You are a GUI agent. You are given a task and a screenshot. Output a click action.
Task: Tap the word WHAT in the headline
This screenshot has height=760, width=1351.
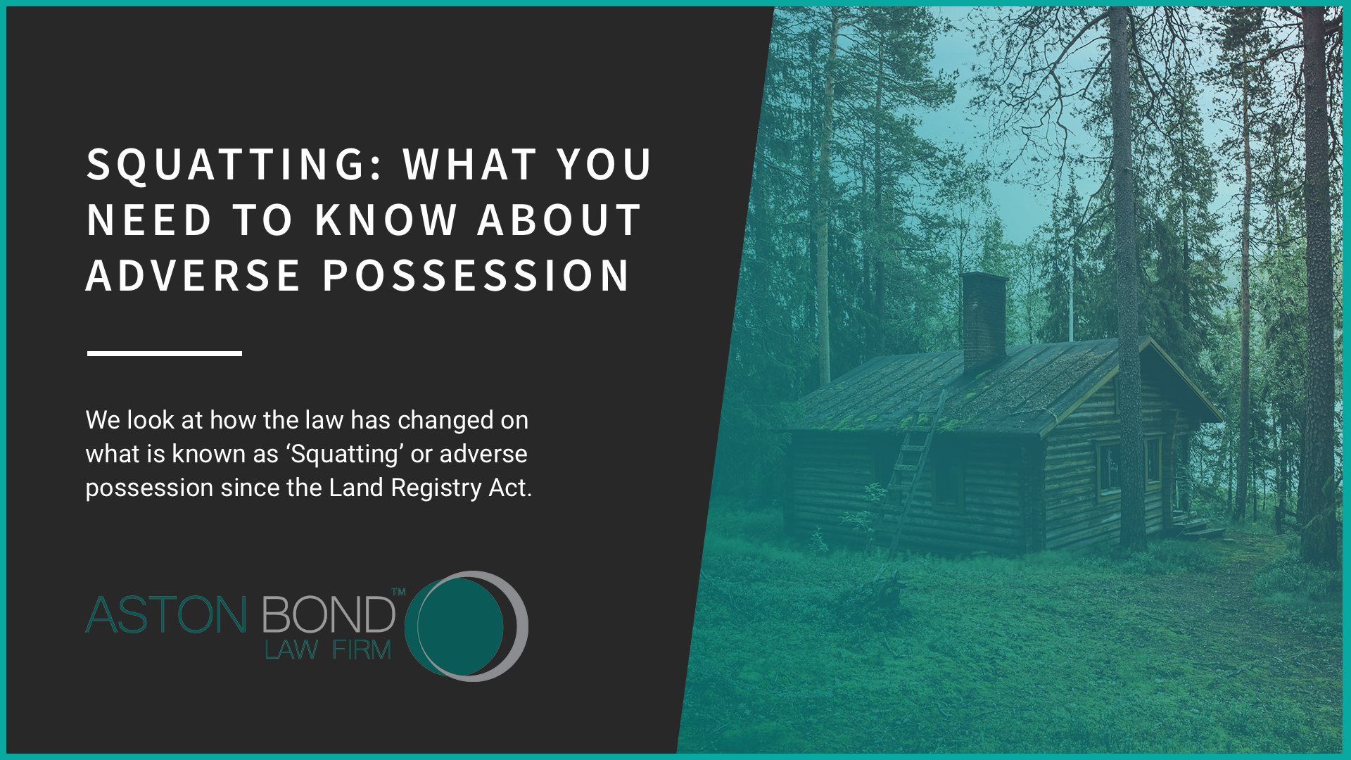(x=470, y=165)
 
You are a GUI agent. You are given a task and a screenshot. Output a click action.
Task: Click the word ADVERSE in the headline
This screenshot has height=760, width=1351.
(x=193, y=275)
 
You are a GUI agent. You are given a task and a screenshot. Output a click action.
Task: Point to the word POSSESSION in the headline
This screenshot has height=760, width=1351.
(x=476, y=275)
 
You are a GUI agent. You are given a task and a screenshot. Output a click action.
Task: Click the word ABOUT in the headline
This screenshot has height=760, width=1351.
(x=559, y=220)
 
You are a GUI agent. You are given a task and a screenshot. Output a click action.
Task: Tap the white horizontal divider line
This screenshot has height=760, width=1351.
(x=164, y=353)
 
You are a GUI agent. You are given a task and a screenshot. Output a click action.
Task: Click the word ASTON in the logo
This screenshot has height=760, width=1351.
(x=166, y=615)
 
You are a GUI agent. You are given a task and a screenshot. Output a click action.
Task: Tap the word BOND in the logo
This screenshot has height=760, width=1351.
(x=328, y=615)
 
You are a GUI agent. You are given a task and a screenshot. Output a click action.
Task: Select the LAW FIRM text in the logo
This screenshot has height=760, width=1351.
(x=327, y=650)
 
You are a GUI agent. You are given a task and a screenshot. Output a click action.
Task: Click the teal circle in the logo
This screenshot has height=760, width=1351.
(x=459, y=626)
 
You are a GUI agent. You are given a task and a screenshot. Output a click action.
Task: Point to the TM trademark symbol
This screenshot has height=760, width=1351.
(x=398, y=592)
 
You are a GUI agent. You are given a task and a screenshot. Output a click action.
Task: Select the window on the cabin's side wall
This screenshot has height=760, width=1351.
(x=1108, y=467)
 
